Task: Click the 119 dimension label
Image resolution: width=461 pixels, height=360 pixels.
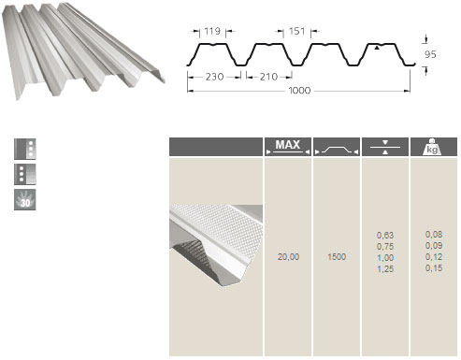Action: coord(212,31)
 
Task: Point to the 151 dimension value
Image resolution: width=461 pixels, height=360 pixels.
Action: coord(296,31)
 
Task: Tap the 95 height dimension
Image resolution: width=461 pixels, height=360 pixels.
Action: coord(430,54)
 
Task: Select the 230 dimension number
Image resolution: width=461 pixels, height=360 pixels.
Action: coord(214,77)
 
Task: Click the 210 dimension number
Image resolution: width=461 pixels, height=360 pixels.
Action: coord(268,77)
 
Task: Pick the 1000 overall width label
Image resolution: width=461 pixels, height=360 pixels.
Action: coord(299,91)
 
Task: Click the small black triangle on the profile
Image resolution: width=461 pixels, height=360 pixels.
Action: coord(377,48)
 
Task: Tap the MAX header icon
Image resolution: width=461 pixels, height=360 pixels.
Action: coord(288,147)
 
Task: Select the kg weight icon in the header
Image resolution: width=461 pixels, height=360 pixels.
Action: coord(432,147)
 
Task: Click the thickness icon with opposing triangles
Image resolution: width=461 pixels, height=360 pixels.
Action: coord(385,147)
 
